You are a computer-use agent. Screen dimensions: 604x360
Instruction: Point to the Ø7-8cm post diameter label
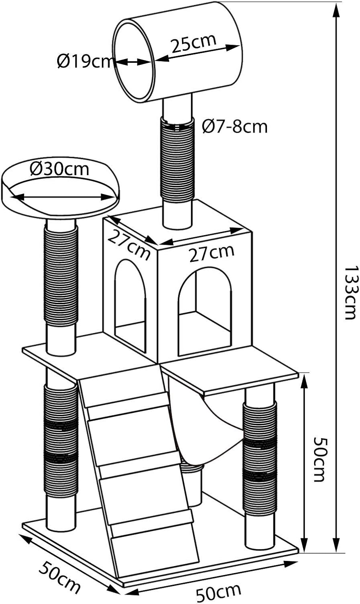click(235, 127)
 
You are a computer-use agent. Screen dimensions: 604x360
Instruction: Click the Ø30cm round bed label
click(60, 169)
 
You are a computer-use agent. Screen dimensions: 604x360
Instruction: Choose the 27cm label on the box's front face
click(211, 253)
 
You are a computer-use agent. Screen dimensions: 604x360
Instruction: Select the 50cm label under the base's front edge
click(219, 591)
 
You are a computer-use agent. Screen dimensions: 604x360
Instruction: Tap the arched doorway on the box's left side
click(130, 302)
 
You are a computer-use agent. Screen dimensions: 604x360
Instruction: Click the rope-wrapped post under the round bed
click(61, 276)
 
